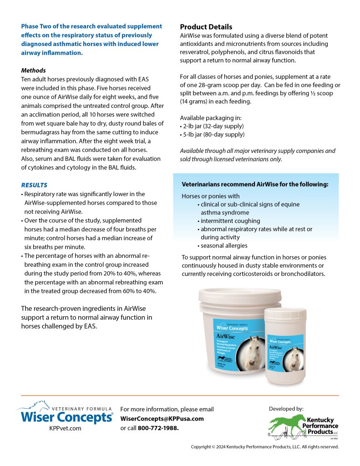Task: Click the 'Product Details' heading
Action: click(206, 27)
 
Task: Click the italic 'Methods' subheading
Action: click(33, 71)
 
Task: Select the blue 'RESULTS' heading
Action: click(34, 185)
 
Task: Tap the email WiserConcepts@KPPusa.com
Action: click(162, 419)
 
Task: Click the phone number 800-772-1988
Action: click(158, 428)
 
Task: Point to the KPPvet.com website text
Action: click(65, 428)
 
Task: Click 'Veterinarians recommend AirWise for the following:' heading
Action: click(255, 184)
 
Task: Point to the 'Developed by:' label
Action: click(286, 409)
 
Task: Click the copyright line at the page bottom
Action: click(264, 447)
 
